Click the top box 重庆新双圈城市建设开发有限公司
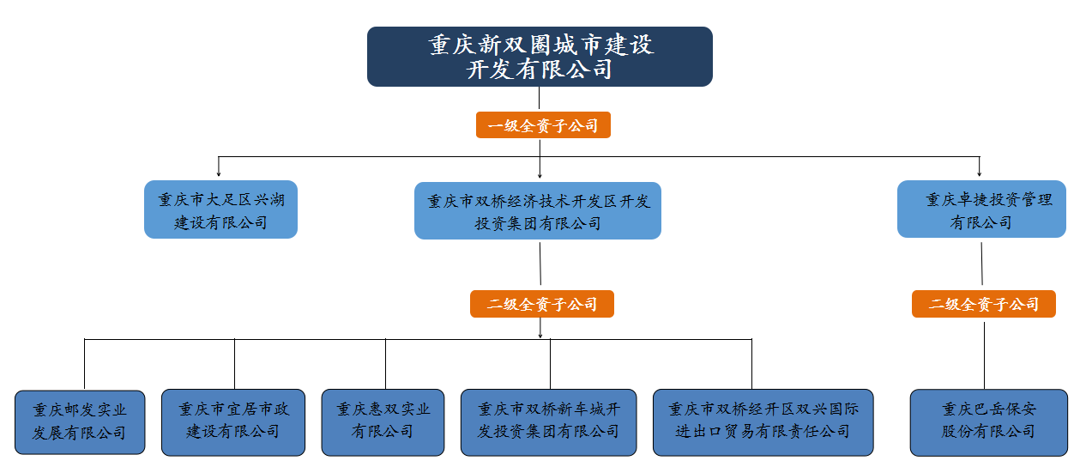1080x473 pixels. (540, 57)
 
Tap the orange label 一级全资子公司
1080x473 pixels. (543, 125)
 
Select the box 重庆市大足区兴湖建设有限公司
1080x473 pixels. (220, 210)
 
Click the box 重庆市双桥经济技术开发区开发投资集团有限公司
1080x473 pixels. (538, 211)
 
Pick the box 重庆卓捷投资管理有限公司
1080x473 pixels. (981, 209)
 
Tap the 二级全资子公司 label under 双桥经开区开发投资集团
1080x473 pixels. (541, 304)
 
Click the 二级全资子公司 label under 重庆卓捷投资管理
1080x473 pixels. (983, 304)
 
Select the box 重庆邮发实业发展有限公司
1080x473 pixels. (80, 421)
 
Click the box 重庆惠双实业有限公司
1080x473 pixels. (383, 421)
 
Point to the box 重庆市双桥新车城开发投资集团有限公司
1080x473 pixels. (548, 421)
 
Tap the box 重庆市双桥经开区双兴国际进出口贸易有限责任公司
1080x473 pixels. (763, 421)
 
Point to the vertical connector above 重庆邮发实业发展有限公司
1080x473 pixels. (85, 364)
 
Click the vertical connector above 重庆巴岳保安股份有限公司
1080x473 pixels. (984, 352)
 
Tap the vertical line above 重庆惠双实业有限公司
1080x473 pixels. (385, 364)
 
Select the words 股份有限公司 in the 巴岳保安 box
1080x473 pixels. (989, 432)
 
